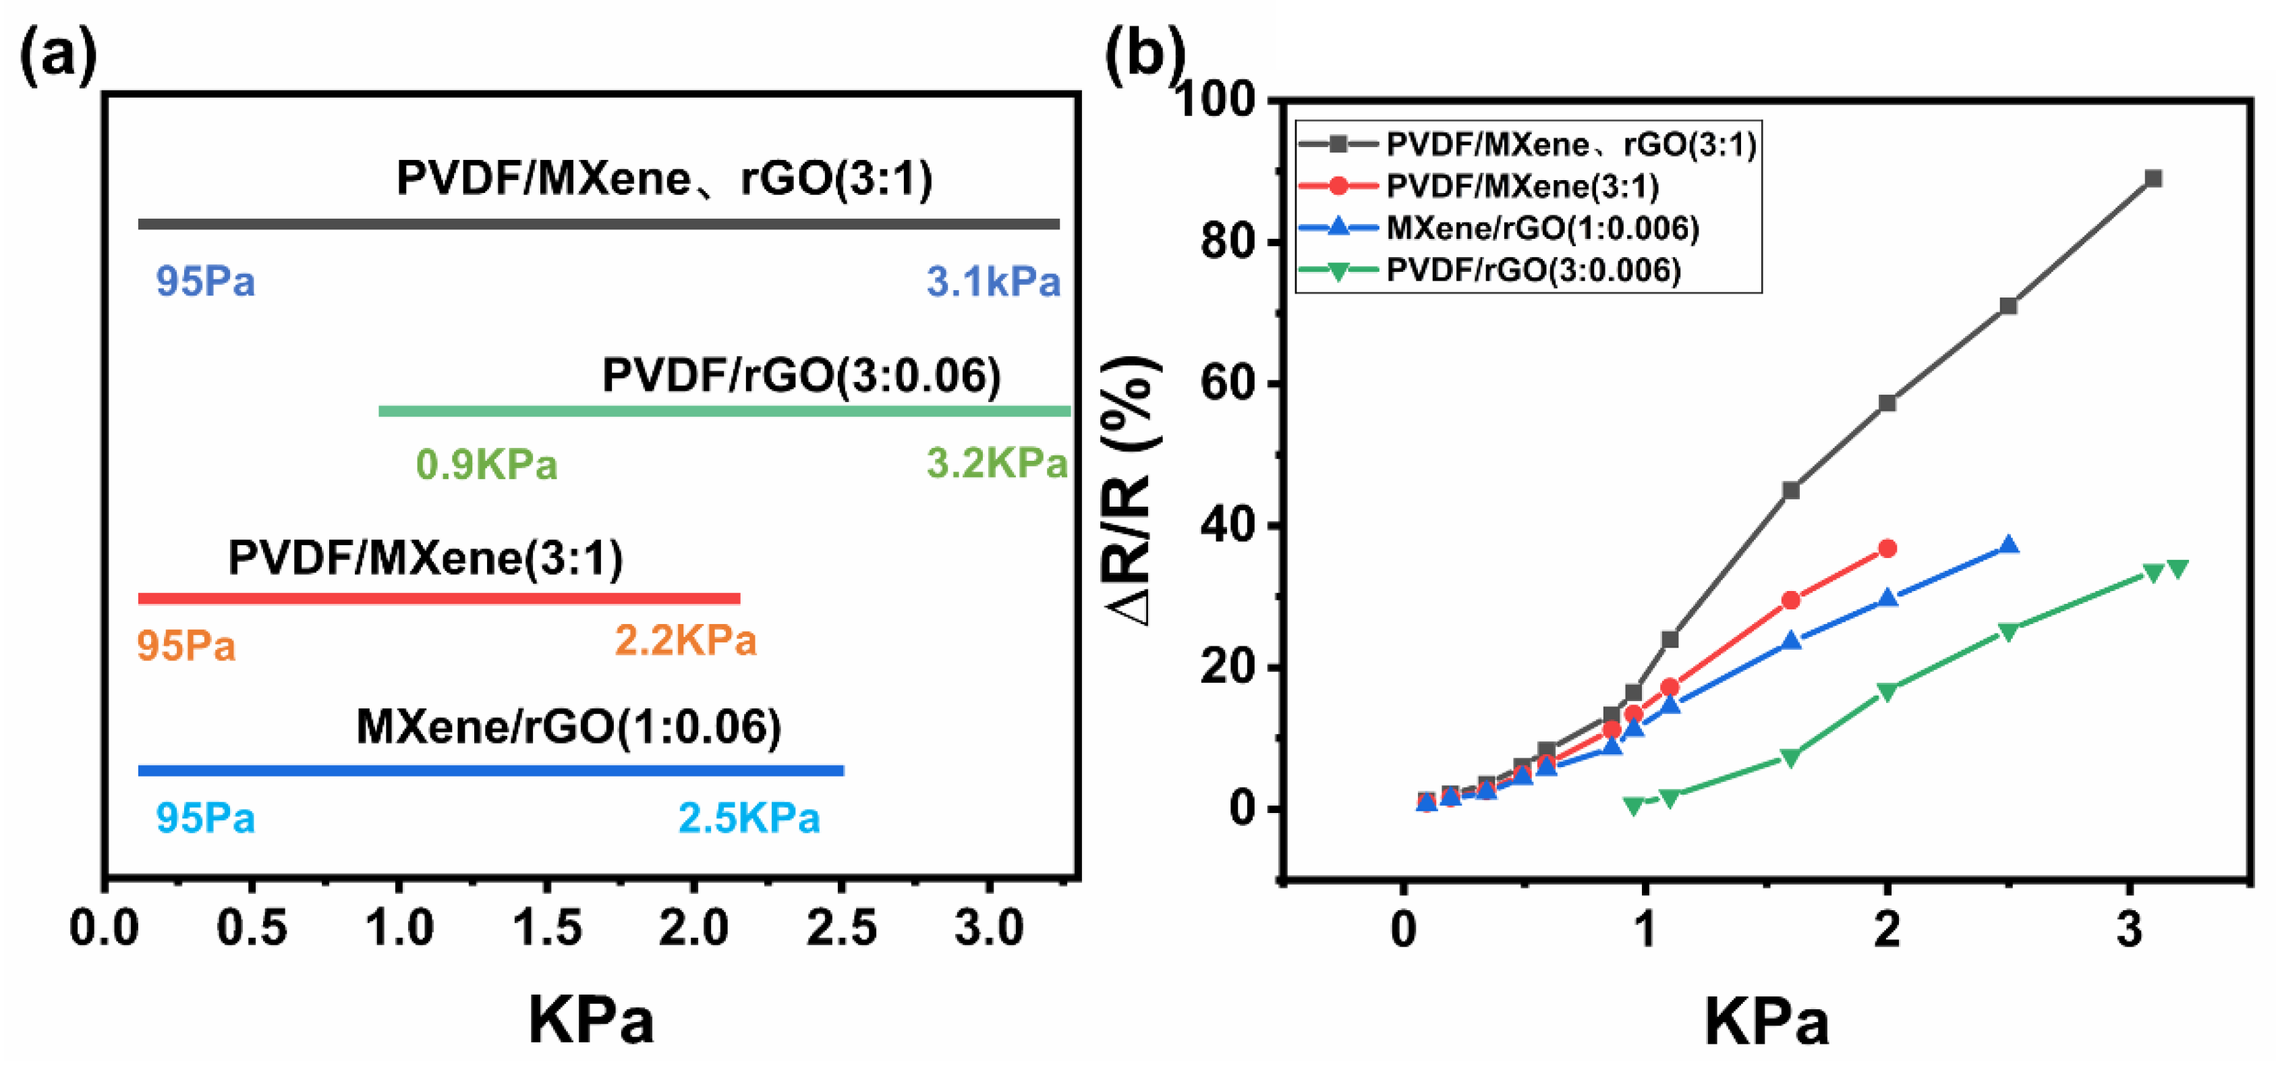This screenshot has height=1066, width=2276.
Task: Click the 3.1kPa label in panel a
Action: coord(993,282)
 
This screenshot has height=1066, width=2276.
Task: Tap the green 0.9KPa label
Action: coord(487,465)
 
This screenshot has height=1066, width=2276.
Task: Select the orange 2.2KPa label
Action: coord(685,640)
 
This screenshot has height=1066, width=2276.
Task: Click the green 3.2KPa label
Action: coord(996,464)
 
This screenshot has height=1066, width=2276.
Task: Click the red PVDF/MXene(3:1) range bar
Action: coord(438,598)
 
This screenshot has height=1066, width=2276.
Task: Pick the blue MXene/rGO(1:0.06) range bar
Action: coord(490,770)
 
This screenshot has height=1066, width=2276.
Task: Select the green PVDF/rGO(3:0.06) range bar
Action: coord(724,411)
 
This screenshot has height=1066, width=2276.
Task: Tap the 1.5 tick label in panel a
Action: coord(547,929)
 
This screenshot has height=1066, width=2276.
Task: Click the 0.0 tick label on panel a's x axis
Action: coord(105,929)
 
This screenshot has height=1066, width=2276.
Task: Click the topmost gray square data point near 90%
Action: coord(2153,179)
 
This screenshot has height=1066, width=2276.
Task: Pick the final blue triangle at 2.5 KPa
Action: coord(2008,545)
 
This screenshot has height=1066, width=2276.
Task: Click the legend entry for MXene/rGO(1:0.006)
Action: coord(1542,228)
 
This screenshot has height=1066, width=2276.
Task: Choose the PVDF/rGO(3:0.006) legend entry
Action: coord(1533,270)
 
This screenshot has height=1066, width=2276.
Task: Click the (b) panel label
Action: coord(1144,55)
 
